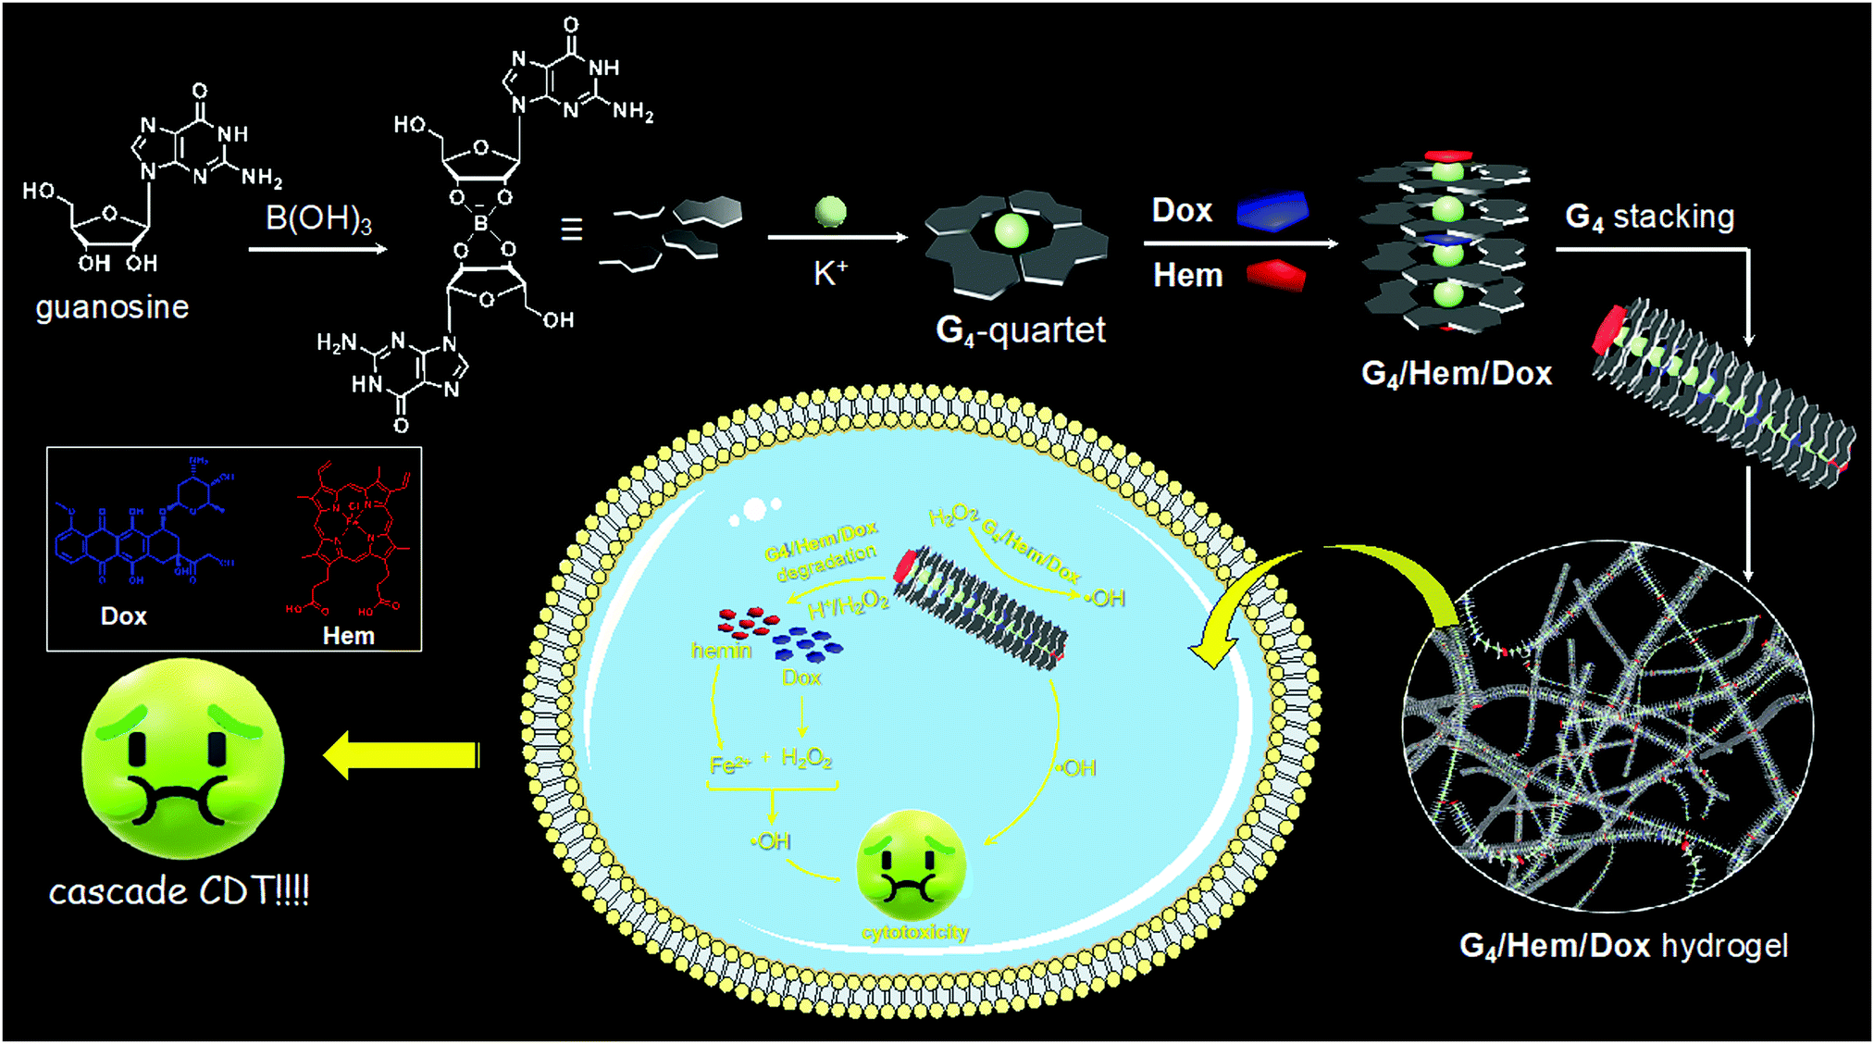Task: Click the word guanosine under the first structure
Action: [112, 307]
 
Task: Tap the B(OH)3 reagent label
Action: [318, 219]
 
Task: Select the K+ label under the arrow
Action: [830, 273]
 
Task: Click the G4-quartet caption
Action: [1020, 330]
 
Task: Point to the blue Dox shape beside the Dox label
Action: [1273, 211]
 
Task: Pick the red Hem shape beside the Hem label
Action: [1276, 275]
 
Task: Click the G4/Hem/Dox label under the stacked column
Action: [1456, 373]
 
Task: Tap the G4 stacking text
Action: [1649, 217]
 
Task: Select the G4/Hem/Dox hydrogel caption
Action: [1623, 946]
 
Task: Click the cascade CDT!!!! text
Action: [179, 891]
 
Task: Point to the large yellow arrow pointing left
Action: [402, 755]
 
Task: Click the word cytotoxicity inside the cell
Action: [914, 932]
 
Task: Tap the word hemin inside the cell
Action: [721, 651]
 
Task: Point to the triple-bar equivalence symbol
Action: [571, 230]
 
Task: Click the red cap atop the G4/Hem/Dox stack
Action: [1448, 156]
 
